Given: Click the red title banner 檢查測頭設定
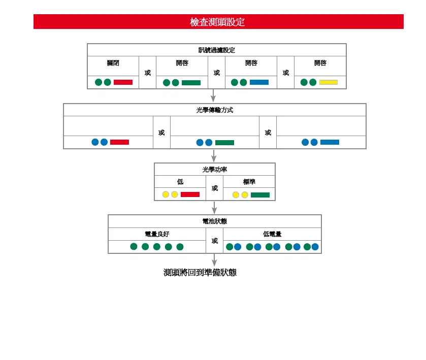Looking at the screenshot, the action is coord(218,22).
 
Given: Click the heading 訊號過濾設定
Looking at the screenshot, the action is coord(217,50).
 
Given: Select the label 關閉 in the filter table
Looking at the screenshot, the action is coord(113,63).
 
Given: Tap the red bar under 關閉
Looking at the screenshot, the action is coord(123,82).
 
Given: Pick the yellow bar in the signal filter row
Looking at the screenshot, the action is coord(328,82).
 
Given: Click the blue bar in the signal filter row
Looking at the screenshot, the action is coord(259,82).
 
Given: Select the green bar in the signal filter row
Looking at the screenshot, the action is coord(191,83).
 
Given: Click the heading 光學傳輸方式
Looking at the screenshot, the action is coord(215,110).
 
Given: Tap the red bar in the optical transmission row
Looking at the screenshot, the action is coord(119,142).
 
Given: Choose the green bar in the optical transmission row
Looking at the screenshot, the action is coord(224,143).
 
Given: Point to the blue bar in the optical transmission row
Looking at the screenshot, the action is coord(330,142).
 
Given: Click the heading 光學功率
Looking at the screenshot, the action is coord(215,170).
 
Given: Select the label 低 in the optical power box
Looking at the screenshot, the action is coord(180,182).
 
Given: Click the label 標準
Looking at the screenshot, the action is coord(249,182).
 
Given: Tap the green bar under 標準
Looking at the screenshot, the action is coord(260,195).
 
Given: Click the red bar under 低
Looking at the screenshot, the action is coord(190,194).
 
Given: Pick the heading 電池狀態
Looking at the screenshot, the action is coord(215,221).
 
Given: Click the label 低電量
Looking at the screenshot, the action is coord(272,234).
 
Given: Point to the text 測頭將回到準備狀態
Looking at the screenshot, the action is coord(200,273).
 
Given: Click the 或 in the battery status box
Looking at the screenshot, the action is coord(215,241).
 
